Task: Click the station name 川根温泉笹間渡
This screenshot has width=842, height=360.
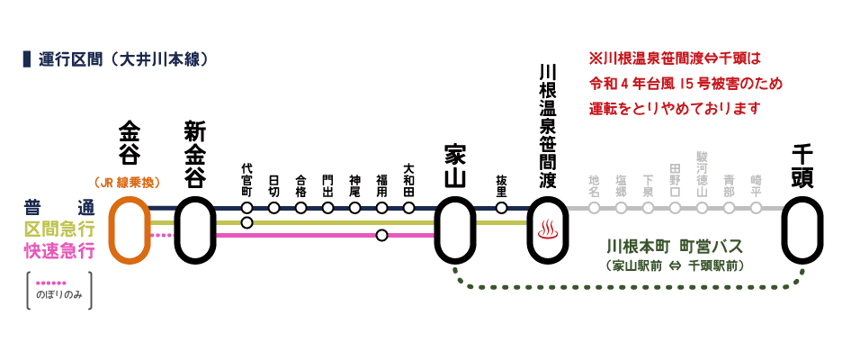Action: tap(548, 125)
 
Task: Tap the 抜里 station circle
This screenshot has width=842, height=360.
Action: tap(502, 208)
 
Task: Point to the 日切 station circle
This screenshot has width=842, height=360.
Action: tap(274, 208)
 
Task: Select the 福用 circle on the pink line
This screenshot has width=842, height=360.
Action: tap(382, 236)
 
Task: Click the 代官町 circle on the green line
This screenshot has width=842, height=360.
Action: tap(247, 222)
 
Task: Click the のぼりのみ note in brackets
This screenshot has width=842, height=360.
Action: tap(58, 294)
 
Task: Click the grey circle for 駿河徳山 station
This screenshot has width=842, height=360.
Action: tap(702, 208)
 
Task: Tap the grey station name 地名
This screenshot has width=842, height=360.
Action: tap(594, 184)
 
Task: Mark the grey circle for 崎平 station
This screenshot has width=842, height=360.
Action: tap(756, 208)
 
